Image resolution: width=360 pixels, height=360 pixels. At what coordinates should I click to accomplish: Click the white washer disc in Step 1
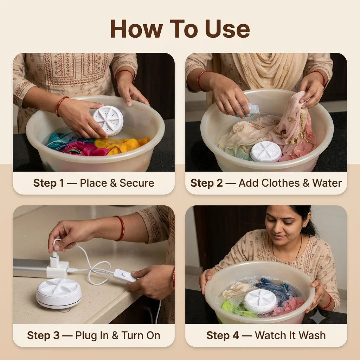(x=108, y=121)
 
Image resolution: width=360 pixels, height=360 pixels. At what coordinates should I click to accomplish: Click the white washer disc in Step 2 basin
(x=266, y=152)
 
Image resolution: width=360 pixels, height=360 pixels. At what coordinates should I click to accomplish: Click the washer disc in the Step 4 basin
(x=260, y=301)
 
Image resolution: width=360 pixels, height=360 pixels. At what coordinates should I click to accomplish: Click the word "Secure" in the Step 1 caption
(x=137, y=183)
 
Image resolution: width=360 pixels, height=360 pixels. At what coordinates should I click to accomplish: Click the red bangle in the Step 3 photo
(x=121, y=228)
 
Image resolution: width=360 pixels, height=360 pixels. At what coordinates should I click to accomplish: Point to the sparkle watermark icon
(x=317, y=317)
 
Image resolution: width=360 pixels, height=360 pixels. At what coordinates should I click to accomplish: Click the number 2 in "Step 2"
(x=219, y=183)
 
